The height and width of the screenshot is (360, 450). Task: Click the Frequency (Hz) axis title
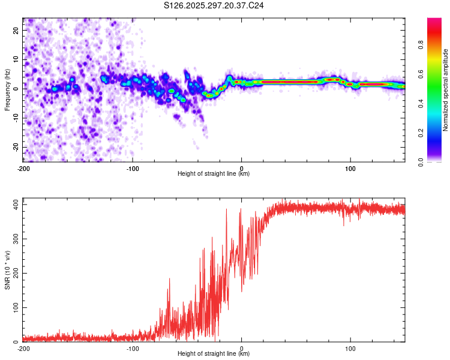tap(7, 90)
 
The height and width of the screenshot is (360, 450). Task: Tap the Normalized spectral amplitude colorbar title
tap(445, 90)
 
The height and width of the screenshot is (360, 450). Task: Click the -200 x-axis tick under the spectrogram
tap(23, 168)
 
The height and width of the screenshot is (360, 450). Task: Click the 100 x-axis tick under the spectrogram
tap(350, 168)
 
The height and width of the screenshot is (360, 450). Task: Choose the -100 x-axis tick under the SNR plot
tap(132, 348)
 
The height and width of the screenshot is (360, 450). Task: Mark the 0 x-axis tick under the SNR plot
tap(241, 348)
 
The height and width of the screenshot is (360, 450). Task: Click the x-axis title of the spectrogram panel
tap(214, 174)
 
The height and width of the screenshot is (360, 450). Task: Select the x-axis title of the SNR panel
tap(214, 354)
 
